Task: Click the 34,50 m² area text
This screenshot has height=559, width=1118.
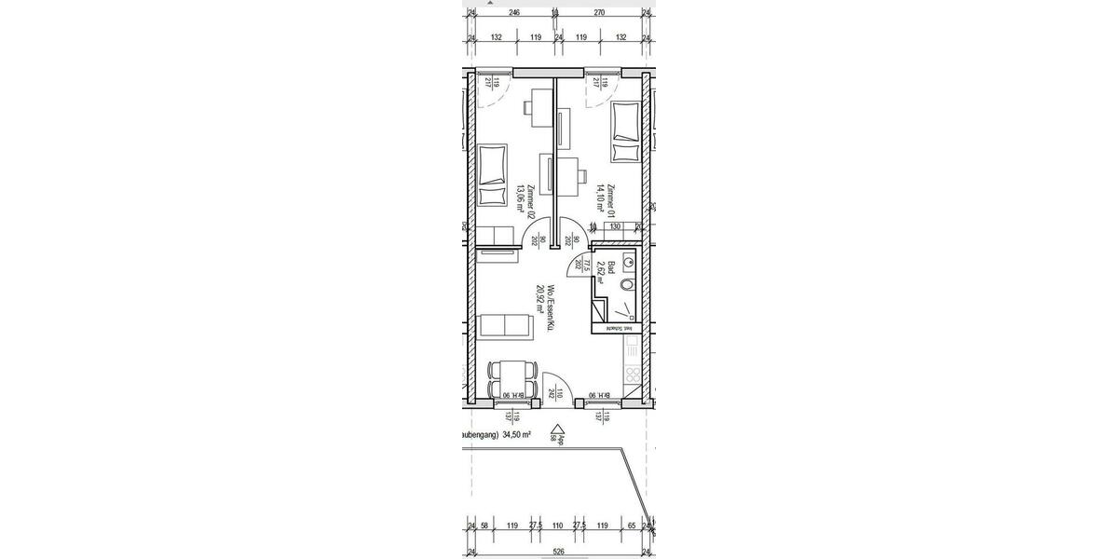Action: pos(516,434)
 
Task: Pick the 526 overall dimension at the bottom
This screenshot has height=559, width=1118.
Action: pos(558,552)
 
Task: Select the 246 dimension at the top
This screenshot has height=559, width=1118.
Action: pos(513,13)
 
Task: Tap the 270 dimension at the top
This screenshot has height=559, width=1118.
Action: pos(599,13)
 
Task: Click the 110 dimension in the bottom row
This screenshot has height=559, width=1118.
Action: pos(558,525)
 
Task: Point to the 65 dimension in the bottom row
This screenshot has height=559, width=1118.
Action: pos(633,525)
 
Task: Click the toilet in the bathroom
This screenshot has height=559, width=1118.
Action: pos(627,285)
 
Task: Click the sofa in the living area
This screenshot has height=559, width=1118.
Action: pos(504,326)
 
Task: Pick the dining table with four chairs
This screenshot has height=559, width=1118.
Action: pos(511,378)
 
